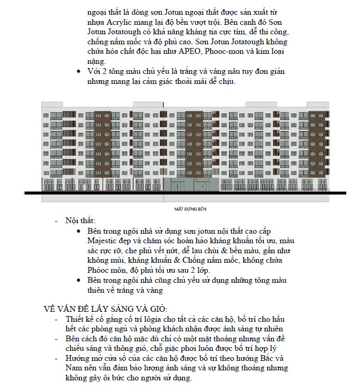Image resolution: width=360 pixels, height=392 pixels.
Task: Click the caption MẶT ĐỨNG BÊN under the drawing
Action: [190, 209]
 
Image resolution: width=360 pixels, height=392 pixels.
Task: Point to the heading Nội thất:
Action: [81, 220]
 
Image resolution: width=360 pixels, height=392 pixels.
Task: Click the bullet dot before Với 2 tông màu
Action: [79, 71]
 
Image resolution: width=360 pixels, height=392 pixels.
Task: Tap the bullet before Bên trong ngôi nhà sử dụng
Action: [79, 231]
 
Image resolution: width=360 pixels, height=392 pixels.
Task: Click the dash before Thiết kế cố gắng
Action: [56, 319]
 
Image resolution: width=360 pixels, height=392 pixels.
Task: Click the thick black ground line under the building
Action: [179, 194]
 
